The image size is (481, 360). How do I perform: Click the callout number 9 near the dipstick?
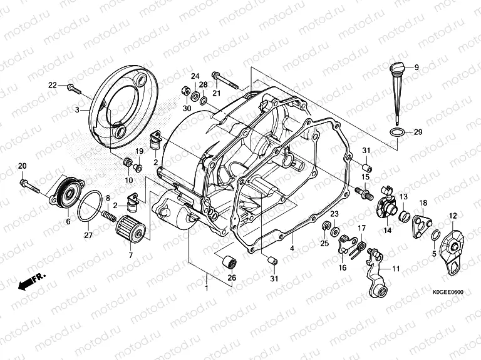(415, 67)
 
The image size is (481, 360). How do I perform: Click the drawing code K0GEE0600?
(448, 291)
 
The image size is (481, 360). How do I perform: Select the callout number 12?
(452, 216)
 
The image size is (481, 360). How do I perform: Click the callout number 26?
(231, 278)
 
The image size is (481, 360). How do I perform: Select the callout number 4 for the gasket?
(292, 249)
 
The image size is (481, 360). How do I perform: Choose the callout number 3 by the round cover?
(78, 109)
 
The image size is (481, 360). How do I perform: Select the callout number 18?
(423, 203)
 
